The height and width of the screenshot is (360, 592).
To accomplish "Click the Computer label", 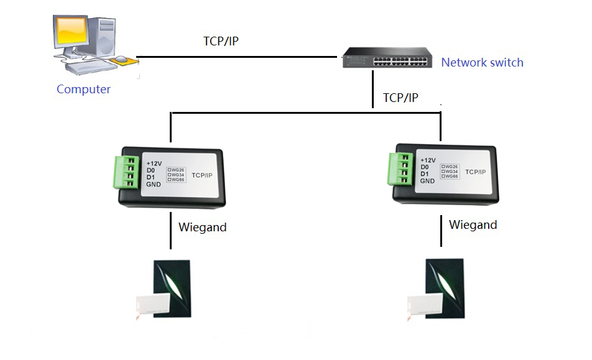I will [x=83, y=89].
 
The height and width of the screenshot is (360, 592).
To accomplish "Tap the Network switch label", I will [x=482, y=62].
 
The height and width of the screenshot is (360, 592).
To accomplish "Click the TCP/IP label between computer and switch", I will [x=221, y=41].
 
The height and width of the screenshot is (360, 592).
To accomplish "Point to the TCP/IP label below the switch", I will [x=400, y=98].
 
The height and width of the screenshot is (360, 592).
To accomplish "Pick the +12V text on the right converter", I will [x=428, y=159].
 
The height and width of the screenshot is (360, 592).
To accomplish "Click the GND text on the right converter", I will [x=427, y=181].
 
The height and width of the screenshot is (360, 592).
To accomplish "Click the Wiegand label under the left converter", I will [x=202, y=227].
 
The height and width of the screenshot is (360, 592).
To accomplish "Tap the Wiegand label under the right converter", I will [x=473, y=224].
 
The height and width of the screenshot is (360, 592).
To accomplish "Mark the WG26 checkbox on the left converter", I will [x=170, y=169].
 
